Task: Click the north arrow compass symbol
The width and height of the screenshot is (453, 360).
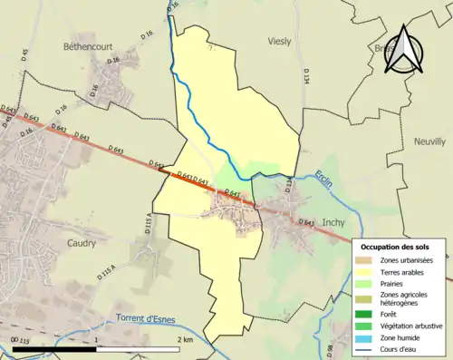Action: [x=406, y=49]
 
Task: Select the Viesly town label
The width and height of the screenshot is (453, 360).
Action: [x=281, y=42]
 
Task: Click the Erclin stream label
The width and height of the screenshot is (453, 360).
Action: [x=330, y=180]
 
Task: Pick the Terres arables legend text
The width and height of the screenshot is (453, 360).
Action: [x=406, y=271]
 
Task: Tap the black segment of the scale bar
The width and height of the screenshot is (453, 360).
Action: [x=55, y=349]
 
